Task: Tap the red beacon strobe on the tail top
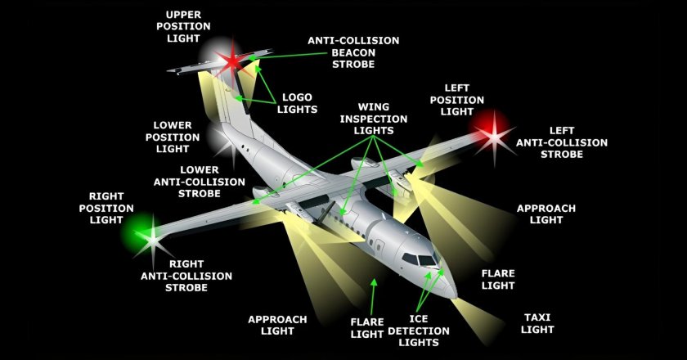point(233,60)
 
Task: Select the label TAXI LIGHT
point(537,323)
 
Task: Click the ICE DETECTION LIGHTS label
point(418,331)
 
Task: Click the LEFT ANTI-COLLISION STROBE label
point(562,142)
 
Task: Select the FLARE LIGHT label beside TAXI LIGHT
point(497,280)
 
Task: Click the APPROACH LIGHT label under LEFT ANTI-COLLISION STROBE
point(546,214)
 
